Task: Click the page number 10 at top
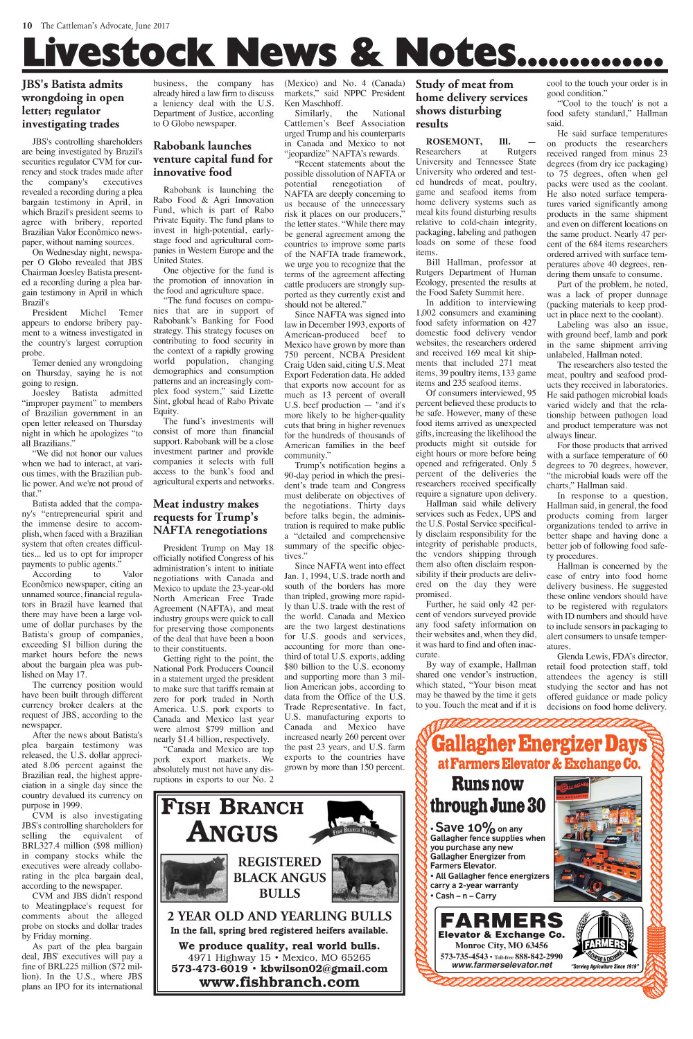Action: coord(28,26)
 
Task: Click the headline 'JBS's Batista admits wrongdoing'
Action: coord(73,104)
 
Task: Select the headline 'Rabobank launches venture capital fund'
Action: coord(213,159)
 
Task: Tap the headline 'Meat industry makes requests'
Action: coord(210,517)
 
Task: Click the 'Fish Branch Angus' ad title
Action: coord(232,819)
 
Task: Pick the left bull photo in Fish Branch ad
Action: coord(195,879)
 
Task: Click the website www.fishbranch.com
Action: coord(279,982)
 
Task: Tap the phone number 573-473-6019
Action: coord(209,968)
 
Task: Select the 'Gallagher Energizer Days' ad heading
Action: coord(538,745)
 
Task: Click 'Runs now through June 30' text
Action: coord(487,794)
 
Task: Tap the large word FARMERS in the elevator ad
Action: coord(501,921)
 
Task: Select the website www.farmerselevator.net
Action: coord(501,965)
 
